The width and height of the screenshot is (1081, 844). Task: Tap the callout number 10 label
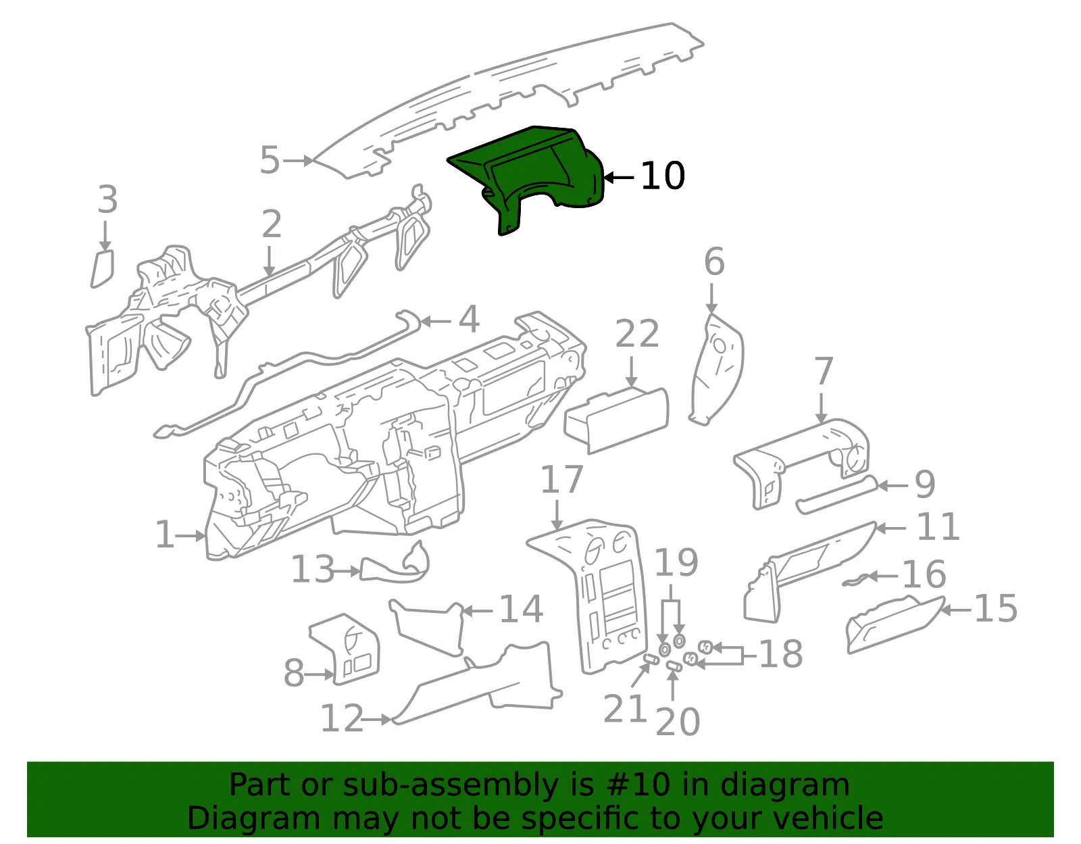click(663, 176)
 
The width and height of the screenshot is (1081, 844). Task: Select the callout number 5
click(270, 159)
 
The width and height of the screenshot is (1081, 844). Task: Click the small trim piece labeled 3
click(103, 268)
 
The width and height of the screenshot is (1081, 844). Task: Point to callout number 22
click(637, 333)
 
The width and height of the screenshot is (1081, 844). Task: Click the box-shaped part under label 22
click(617, 420)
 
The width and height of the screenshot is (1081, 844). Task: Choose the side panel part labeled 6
click(716, 369)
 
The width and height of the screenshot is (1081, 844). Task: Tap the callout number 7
click(824, 371)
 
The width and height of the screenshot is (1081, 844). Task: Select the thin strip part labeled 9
click(836, 495)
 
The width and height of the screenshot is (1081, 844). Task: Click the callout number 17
click(561, 480)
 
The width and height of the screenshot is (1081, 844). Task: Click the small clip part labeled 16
click(855, 580)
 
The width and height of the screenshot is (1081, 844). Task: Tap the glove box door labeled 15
click(895, 625)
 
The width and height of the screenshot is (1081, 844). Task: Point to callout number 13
click(312, 570)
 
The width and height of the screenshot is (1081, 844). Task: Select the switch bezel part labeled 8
click(345, 649)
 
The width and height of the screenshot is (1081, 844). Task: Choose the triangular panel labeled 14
click(428, 628)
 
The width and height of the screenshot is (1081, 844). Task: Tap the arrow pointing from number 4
click(435, 322)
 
